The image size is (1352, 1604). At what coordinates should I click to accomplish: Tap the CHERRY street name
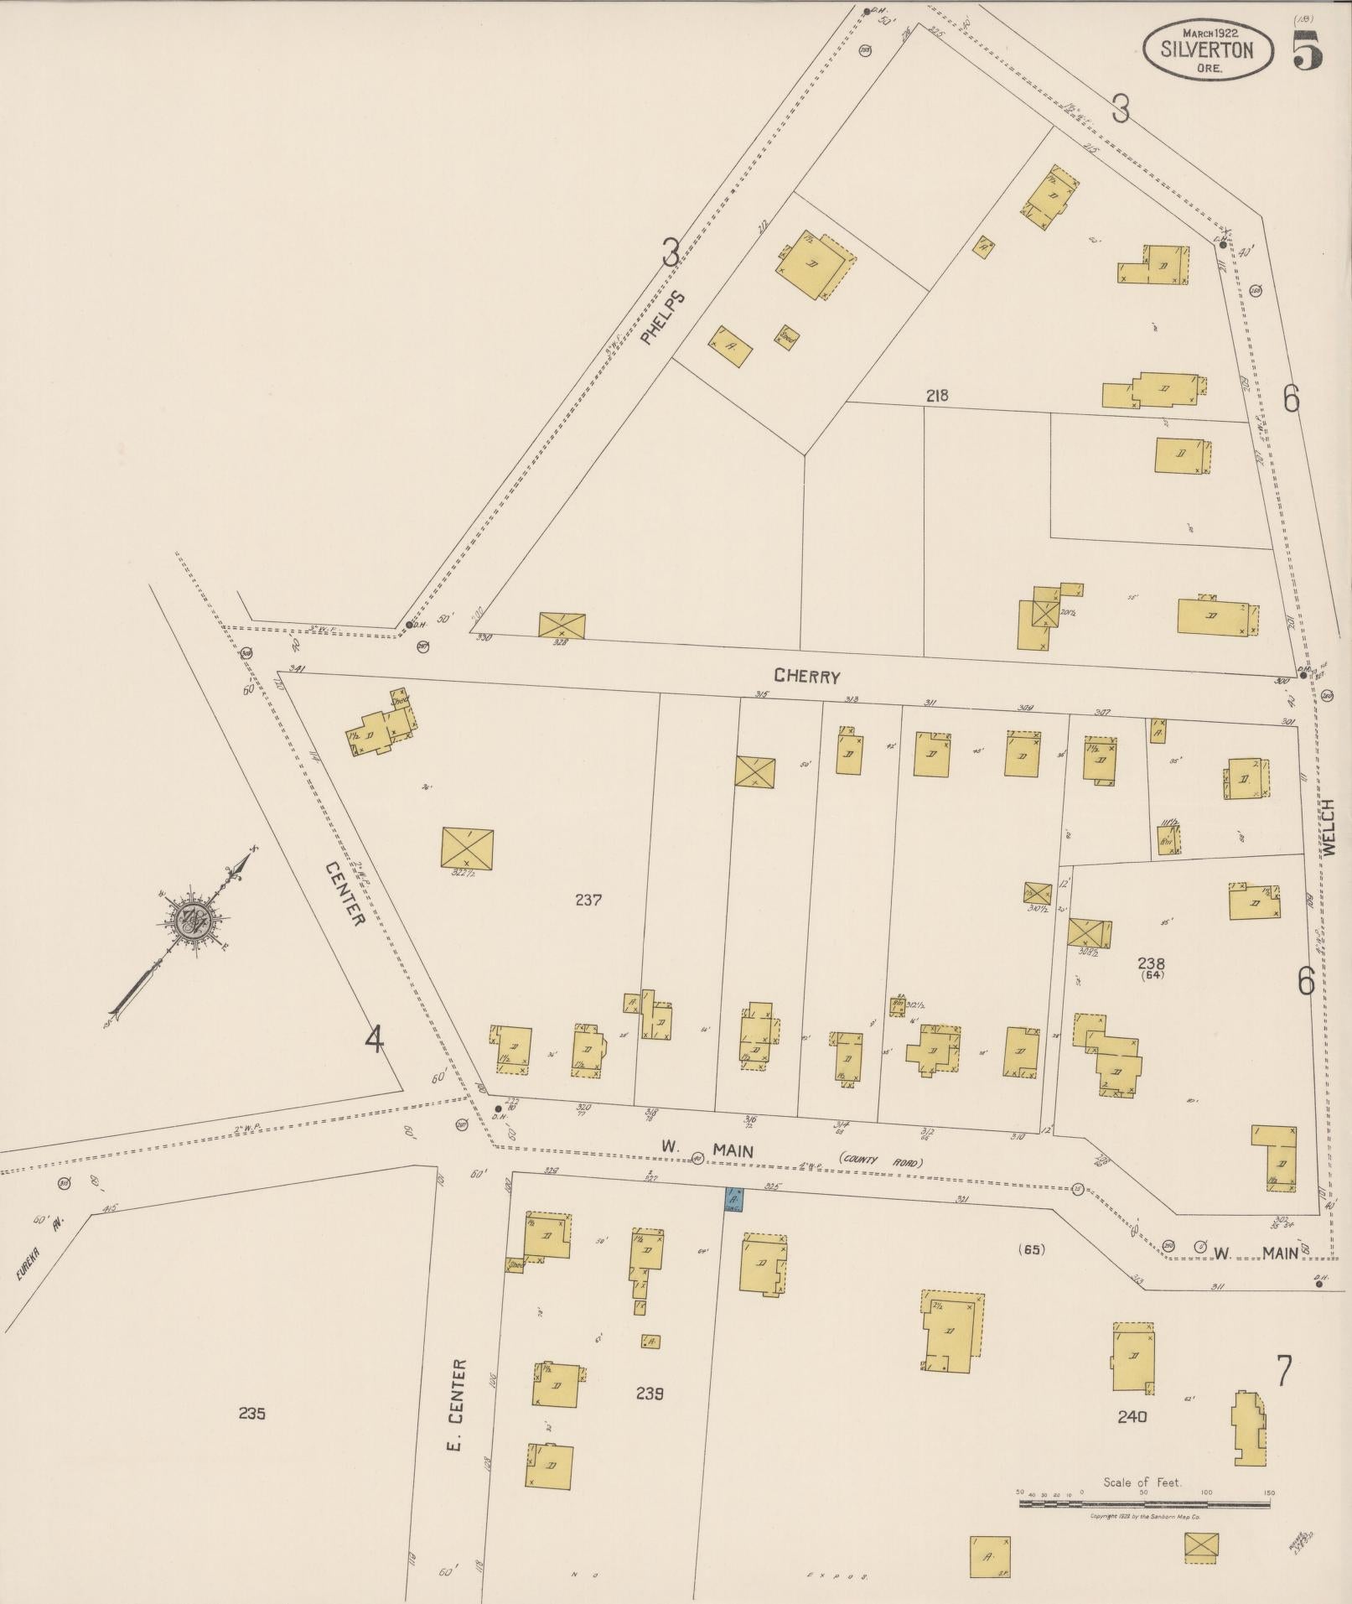coord(806,676)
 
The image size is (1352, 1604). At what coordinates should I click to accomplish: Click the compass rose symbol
coord(196,916)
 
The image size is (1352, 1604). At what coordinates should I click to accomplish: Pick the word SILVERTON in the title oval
coord(1207,49)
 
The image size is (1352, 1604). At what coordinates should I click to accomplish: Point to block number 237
coord(588,900)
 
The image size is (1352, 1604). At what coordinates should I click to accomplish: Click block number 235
coord(251,1413)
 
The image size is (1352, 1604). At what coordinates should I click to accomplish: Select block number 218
coord(936,395)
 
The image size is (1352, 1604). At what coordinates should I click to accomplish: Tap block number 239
coord(650,1393)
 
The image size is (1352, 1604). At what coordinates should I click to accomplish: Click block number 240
coord(1132,1416)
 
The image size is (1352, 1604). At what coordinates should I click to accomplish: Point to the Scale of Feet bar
coord(1144,1504)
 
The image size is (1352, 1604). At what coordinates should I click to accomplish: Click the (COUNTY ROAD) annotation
coord(881,1161)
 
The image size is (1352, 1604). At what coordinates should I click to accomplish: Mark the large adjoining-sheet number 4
coord(374,1041)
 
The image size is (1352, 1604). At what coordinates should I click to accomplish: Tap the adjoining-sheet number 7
coord(1283,1372)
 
